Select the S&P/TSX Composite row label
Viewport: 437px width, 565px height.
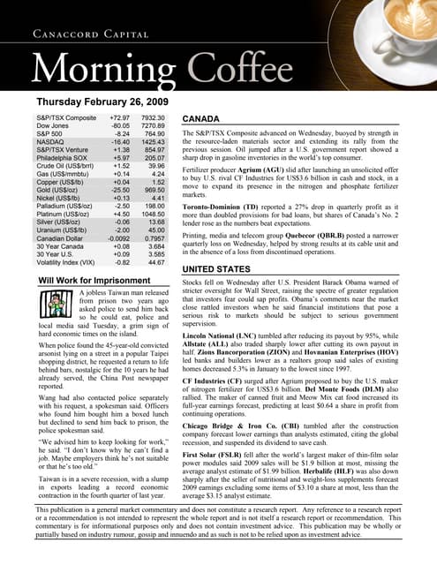point(67,116)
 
